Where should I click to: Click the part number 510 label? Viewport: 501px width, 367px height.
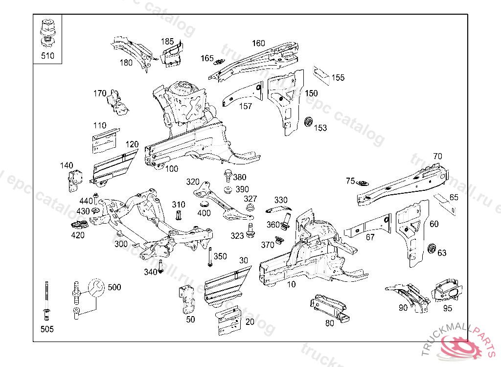coord(47,56)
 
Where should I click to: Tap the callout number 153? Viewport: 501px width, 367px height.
coord(320,128)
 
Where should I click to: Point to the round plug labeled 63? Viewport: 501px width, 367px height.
coord(432,248)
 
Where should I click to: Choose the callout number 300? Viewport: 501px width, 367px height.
coord(121,244)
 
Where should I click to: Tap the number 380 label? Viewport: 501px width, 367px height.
coord(240,177)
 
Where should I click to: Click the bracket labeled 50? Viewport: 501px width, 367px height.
coord(187,298)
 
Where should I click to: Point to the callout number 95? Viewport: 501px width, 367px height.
coord(448,308)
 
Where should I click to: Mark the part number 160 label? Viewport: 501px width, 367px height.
coord(259,43)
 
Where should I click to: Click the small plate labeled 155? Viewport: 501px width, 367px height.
coord(321,72)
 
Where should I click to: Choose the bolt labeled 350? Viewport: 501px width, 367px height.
coord(210,257)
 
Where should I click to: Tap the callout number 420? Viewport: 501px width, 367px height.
coord(78,235)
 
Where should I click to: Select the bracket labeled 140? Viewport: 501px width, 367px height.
coord(74,180)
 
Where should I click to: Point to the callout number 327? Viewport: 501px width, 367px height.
coord(250,199)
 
